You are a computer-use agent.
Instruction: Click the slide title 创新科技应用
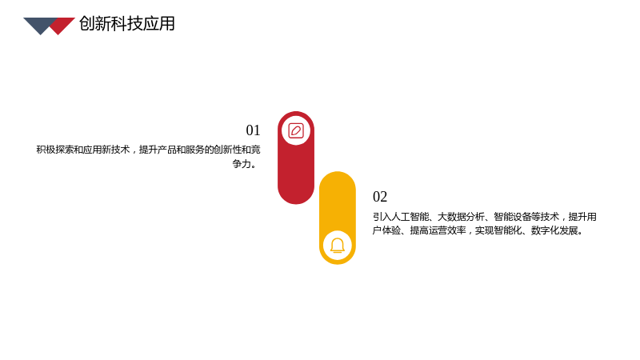click(x=127, y=24)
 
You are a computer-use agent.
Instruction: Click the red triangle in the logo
click(x=62, y=26)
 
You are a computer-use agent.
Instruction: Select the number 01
click(x=253, y=130)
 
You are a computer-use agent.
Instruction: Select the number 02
click(x=380, y=197)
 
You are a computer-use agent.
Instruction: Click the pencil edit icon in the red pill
click(x=296, y=130)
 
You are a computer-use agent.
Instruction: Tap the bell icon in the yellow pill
click(x=338, y=246)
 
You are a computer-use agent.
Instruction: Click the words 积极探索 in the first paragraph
click(x=55, y=150)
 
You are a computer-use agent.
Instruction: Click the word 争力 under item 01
click(x=242, y=164)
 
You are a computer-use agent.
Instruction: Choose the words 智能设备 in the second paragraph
click(x=512, y=217)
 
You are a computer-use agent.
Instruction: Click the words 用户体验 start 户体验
click(x=386, y=230)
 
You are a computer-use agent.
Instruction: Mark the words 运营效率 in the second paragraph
click(x=447, y=230)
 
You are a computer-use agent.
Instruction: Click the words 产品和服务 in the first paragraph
click(x=181, y=150)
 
